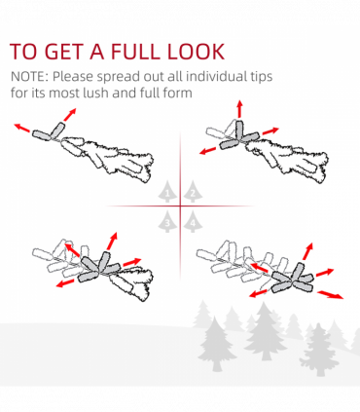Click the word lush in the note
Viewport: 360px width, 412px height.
[95, 93]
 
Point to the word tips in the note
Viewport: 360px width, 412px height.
[261, 77]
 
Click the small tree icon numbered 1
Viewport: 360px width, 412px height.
[167, 192]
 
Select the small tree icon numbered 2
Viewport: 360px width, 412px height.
[193, 192]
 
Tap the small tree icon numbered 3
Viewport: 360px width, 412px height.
[167, 221]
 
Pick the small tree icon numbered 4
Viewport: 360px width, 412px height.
[193, 221]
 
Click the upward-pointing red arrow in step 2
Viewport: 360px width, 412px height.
[239, 109]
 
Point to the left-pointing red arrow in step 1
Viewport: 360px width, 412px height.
[22, 128]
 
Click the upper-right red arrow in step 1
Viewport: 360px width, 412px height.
[70, 115]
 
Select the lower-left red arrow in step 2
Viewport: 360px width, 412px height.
[207, 151]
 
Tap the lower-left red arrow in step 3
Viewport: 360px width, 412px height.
[64, 283]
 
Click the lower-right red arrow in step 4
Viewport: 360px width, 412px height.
[330, 295]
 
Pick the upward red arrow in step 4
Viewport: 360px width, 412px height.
[308, 251]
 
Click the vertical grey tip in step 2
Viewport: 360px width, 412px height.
[239, 131]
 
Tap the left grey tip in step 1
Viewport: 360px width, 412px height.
[42, 135]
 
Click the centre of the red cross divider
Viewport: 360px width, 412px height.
[180, 206]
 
